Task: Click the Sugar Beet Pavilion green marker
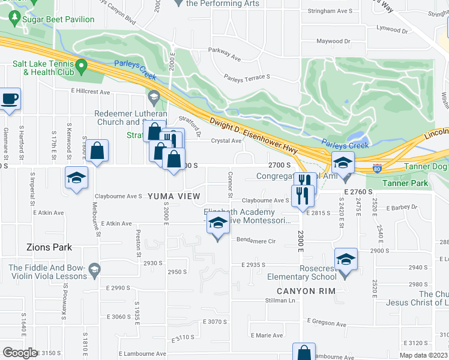pos(13,19)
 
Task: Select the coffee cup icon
pos(9,98)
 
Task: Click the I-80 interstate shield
pos(377,168)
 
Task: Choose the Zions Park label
pos(49,247)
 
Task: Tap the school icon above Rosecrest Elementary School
pos(346,259)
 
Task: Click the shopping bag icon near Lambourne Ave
pos(304,352)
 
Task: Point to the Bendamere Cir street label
pos(256,241)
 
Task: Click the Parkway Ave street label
pos(224,59)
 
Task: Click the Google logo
pos(20,353)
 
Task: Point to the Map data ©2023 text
pos(423,355)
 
